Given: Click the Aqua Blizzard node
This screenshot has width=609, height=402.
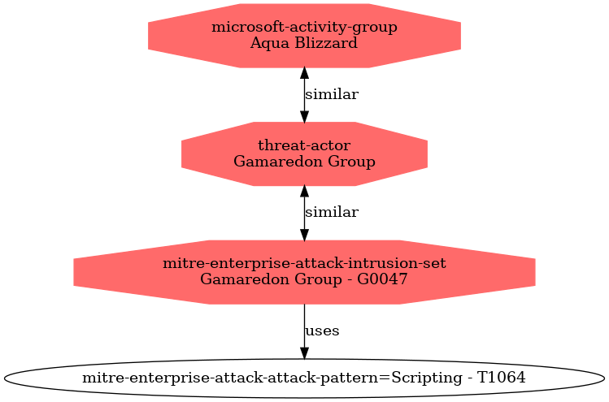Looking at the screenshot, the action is [304, 36].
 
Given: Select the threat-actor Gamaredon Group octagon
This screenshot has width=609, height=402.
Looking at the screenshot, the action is [304, 153].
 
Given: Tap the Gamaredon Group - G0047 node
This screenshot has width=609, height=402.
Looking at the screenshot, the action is [304, 272].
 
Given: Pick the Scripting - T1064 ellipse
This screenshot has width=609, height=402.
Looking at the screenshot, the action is [304, 378].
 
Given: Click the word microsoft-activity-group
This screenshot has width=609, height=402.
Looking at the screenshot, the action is [304, 27].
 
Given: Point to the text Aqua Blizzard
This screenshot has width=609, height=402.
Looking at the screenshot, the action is [304, 43].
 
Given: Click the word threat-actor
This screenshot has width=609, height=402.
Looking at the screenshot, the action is [304, 145].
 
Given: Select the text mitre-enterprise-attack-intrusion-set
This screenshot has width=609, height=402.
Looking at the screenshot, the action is [304, 263].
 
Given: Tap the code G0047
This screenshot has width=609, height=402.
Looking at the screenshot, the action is [382, 279].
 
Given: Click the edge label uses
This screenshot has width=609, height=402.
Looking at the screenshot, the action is [322, 331].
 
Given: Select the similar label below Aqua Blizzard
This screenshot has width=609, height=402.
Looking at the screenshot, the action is [332, 94].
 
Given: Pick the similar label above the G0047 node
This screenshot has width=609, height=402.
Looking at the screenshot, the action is [332, 212].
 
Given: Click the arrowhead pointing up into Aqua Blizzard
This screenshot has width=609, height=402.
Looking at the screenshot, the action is [304, 73].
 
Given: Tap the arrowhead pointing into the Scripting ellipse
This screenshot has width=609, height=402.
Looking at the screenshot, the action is [304, 352].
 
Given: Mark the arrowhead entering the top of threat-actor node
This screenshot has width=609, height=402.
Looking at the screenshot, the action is [304, 116].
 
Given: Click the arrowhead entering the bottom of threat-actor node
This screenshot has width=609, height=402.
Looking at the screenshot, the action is [304, 192].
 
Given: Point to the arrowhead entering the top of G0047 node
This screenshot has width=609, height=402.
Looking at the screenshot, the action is [304, 235].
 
